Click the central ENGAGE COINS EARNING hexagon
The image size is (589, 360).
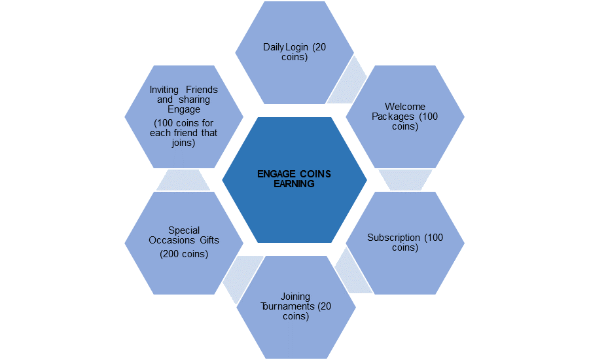pyautogui.click(x=294, y=179)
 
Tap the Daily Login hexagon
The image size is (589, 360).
pyautogui.click(x=294, y=52)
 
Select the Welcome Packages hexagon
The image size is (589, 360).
pyautogui.click(x=405, y=117)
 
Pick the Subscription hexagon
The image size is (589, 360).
pyautogui.click(x=405, y=243)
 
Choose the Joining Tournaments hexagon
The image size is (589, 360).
pyautogui.click(x=296, y=307)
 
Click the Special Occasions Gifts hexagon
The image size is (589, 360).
pyautogui.click(x=184, y=243)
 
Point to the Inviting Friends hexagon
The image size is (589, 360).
pyautogui.click(x=184, y=117)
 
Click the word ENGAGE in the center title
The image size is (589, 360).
pyautogui.click(x=276, y=174)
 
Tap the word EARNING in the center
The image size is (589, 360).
pyautogui.click(x=294, y=184)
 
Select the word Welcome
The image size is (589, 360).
pyautogui.click(x=405, y=107)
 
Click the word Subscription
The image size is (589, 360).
pyautogui.click(x=394, y=238)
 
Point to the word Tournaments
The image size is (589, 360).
pyautogui.click(x=288, y=306)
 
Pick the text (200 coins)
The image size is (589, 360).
pyautogui.click(x=184, y=254)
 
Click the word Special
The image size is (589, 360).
pyautogui.click(x=184, y=230)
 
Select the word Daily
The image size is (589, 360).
pyautogui.click(x=274, y=47)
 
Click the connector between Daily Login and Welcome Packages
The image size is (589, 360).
pyautogui.click(x=347, y=80)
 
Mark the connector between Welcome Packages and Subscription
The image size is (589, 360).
pyautogui.click(x=405, y=180)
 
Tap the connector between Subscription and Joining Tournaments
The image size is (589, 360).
pyautogui.click(x=353, y=270)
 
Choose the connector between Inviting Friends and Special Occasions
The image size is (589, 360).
pyautogui.click(x=183, y=180)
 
